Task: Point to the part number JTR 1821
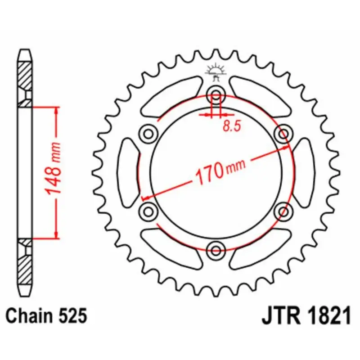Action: coord(306,316)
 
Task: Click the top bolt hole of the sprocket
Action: coord(216,95)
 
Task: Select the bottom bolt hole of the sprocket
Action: coord(216,250)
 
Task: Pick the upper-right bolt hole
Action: coord(283,133)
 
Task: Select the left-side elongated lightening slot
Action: coord(128,172)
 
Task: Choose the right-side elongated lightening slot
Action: coord(305,172)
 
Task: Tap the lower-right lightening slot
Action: coord(260,249)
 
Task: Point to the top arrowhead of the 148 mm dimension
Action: coord(56,111)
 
